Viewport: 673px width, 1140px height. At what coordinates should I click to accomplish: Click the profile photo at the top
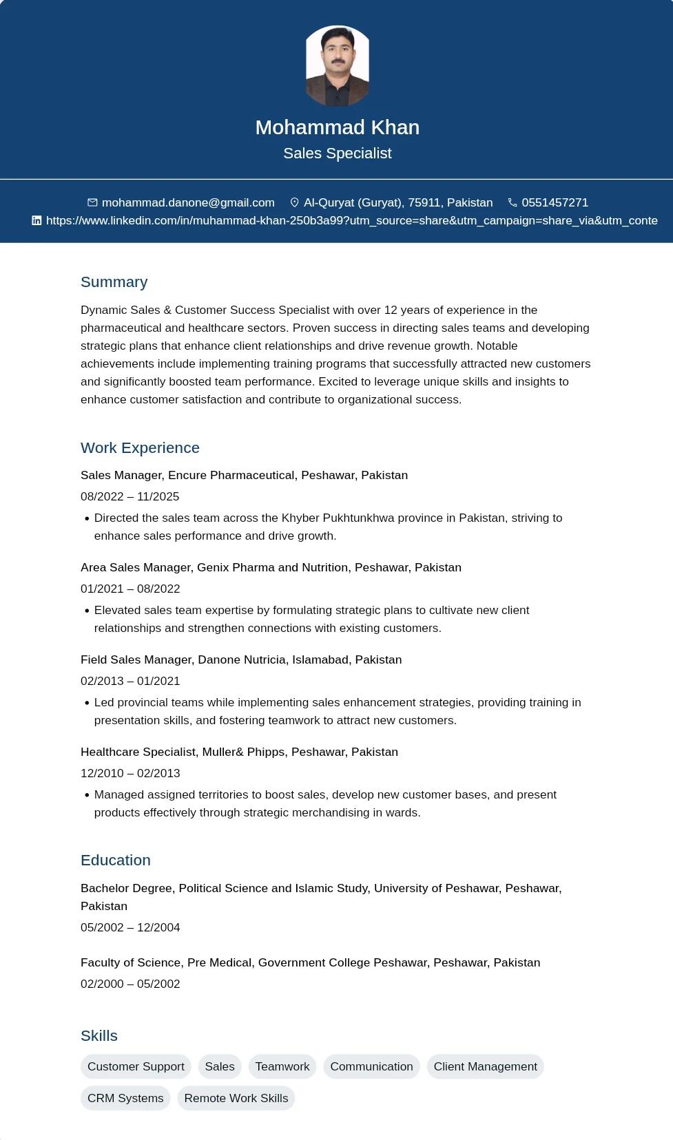point(338,66)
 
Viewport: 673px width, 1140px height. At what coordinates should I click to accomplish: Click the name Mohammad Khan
point(337,127)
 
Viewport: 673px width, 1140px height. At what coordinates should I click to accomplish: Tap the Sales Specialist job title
point(337,154)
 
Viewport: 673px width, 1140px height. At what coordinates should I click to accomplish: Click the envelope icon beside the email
point(92,202)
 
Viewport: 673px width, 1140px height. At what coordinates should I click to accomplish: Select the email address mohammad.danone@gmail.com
point(188,202)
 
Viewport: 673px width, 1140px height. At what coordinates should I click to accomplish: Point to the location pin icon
point(294,202)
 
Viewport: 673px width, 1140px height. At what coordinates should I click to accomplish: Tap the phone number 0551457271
point(555,202)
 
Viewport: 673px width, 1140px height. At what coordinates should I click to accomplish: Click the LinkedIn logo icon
point(37,220)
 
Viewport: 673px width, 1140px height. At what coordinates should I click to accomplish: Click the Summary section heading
point(114,282)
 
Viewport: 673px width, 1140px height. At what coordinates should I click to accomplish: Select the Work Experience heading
point(140,448)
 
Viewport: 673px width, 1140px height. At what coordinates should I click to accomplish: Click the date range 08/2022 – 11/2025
point(130,496)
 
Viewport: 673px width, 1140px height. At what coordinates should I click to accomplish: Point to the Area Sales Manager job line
point(271,567)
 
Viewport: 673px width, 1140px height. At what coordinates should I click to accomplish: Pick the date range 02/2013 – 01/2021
point(130,681)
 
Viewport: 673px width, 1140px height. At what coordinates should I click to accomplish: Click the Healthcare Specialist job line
point(239,752)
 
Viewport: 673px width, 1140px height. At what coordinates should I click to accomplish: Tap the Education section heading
point(115,861)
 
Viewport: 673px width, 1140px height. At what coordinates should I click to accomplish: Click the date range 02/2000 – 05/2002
point(130,984)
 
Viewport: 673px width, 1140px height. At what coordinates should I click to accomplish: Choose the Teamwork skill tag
point(282,1066)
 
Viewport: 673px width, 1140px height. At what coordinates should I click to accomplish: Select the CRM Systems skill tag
point(125,1098)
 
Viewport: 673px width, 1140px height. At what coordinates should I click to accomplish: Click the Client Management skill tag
point(485,1066)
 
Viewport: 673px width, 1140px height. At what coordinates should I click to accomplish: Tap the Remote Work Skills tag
point(236,1098)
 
